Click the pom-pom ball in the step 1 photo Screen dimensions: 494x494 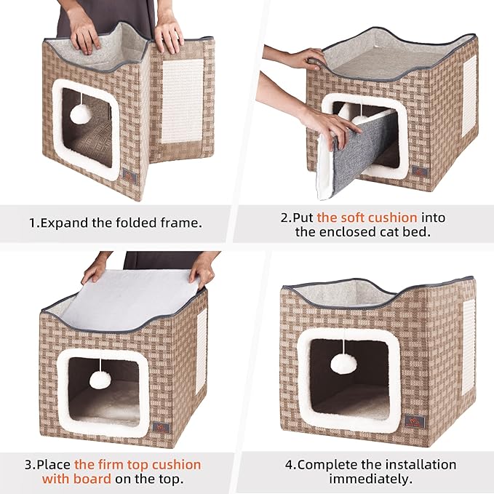click(81, 113)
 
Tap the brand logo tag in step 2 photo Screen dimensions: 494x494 click(420, 170)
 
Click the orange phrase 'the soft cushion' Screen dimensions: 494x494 click(367, 218)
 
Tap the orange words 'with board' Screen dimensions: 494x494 click(76, 479)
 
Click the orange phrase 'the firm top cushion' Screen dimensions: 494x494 click(138, 464)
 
